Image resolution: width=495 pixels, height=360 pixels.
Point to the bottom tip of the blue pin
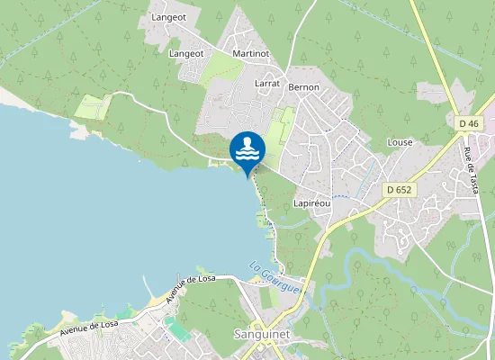[247, 178]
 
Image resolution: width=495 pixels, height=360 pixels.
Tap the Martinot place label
[250, 54]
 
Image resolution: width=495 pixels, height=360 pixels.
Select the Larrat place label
[267, 82]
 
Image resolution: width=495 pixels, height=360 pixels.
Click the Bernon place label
[303, 87]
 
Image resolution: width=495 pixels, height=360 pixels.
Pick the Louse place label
[399, 142]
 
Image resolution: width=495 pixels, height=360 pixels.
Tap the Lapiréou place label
[312, 203]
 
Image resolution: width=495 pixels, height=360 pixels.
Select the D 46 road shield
[468, 123]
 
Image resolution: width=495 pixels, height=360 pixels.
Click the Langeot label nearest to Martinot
[186, 54]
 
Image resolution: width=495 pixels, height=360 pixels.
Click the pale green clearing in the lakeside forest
[91, 107]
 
